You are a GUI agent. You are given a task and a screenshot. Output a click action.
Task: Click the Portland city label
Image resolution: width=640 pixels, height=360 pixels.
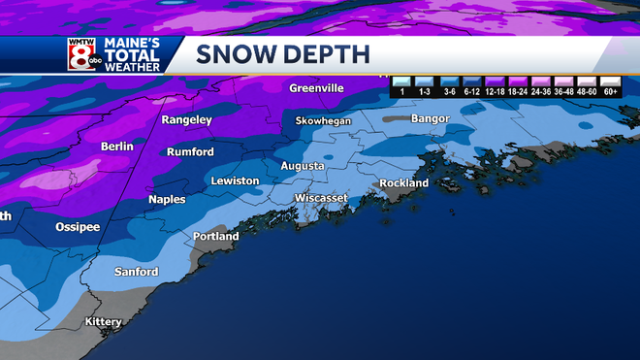(215, 236)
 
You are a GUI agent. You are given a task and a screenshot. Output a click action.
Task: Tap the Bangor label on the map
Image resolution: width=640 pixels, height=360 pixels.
(431, 118)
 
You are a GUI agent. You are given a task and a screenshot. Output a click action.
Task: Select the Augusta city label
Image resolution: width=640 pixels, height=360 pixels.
(303, 166)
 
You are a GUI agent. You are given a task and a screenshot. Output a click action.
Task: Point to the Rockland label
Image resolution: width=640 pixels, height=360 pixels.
(404, 182)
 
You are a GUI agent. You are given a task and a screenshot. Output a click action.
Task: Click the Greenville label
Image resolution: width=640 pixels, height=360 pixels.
(316, 88)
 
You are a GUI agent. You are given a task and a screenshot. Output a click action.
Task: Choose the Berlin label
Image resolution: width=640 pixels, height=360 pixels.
(116, 147)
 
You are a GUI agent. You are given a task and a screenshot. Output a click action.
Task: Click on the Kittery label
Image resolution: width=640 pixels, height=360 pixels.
(105, 321)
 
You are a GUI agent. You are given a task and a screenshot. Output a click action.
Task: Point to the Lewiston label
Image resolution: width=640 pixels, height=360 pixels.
(235, 181)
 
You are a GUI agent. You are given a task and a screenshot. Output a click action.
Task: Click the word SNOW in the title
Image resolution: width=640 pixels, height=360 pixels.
(232, 54)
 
